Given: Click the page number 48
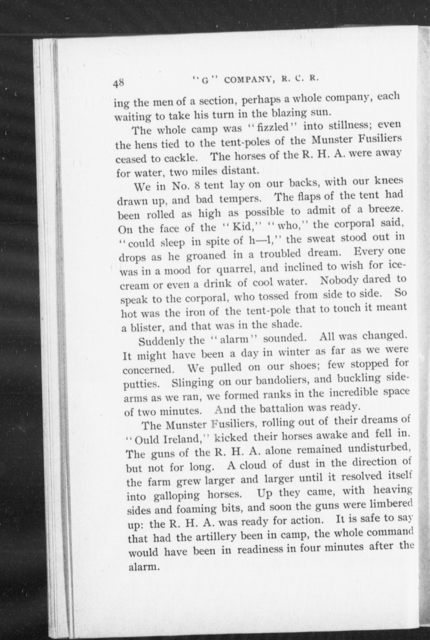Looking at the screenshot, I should [118, 83].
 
